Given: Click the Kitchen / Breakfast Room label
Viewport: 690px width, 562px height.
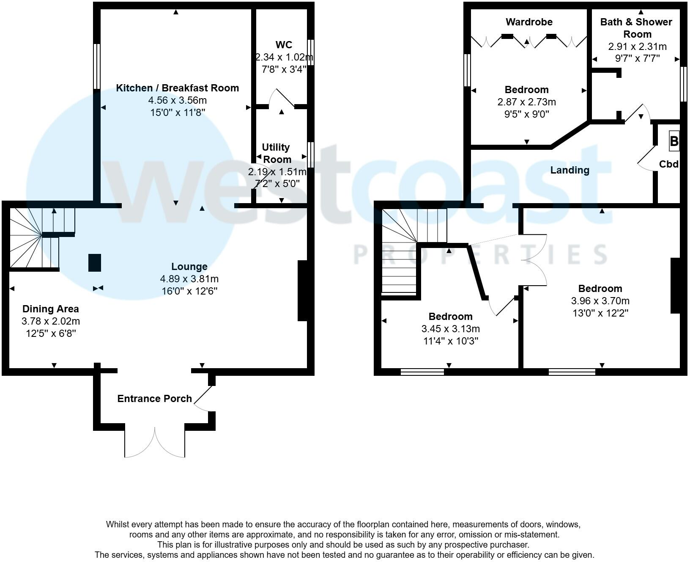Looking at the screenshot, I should [177, 88].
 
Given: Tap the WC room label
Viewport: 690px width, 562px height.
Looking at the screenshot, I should [284, 45].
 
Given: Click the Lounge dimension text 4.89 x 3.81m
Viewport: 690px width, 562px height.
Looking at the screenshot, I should [189, 279].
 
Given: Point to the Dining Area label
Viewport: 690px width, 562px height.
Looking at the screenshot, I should [50, 309].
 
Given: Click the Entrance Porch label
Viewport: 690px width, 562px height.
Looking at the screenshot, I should [154, 399].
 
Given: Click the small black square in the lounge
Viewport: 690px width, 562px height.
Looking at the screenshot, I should [94, 263].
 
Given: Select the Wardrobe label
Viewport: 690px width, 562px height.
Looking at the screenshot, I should [528, 22].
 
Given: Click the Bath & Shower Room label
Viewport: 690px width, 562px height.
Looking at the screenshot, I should [636, 28].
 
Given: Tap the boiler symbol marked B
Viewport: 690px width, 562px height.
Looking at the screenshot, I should [674, 141].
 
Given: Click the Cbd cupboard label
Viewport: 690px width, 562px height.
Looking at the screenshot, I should [668, 164].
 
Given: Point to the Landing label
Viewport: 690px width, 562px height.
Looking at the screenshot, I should [570, 170].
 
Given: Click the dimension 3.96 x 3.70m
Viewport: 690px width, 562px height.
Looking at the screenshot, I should [600, 301].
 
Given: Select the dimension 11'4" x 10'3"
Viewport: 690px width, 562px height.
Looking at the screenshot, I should [450, 341].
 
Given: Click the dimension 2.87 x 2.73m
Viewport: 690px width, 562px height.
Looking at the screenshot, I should [526, 102].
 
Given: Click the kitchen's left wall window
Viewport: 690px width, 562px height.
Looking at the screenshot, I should [97, 66].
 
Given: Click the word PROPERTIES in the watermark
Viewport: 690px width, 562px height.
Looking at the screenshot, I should [480, 254].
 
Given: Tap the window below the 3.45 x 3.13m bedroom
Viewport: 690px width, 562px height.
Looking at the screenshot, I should [422, 372].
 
